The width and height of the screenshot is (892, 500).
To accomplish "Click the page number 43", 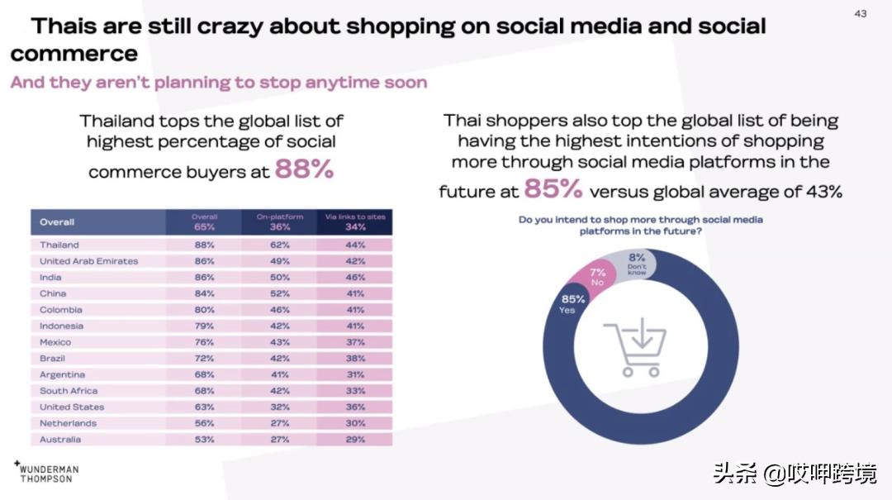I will click(x=861, y=13).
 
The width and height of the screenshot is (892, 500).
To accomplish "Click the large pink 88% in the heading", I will click(x=304, y=169).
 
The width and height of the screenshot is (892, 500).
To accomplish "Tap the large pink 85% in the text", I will click(x=553, y=189).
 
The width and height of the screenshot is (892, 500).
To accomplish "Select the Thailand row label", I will click(x=59, y=245).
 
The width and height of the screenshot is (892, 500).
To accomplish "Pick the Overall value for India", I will click(x=204, y=278).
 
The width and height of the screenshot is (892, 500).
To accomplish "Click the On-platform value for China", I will click(x=279, y=293).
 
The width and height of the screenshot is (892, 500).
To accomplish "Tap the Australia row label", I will click(x=60, y=440).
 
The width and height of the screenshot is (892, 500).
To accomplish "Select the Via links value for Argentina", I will click(x=355, y=374).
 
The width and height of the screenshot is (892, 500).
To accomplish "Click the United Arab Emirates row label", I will click(x=89, y=261).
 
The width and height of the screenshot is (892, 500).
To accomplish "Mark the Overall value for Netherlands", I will click(x=204, y=423).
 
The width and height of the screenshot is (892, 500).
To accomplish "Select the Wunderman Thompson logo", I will click(x=47, y=473).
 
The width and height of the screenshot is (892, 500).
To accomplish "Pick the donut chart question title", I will click(x=640, y=226).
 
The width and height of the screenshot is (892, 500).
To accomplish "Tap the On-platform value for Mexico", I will click(x=279, y=342).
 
